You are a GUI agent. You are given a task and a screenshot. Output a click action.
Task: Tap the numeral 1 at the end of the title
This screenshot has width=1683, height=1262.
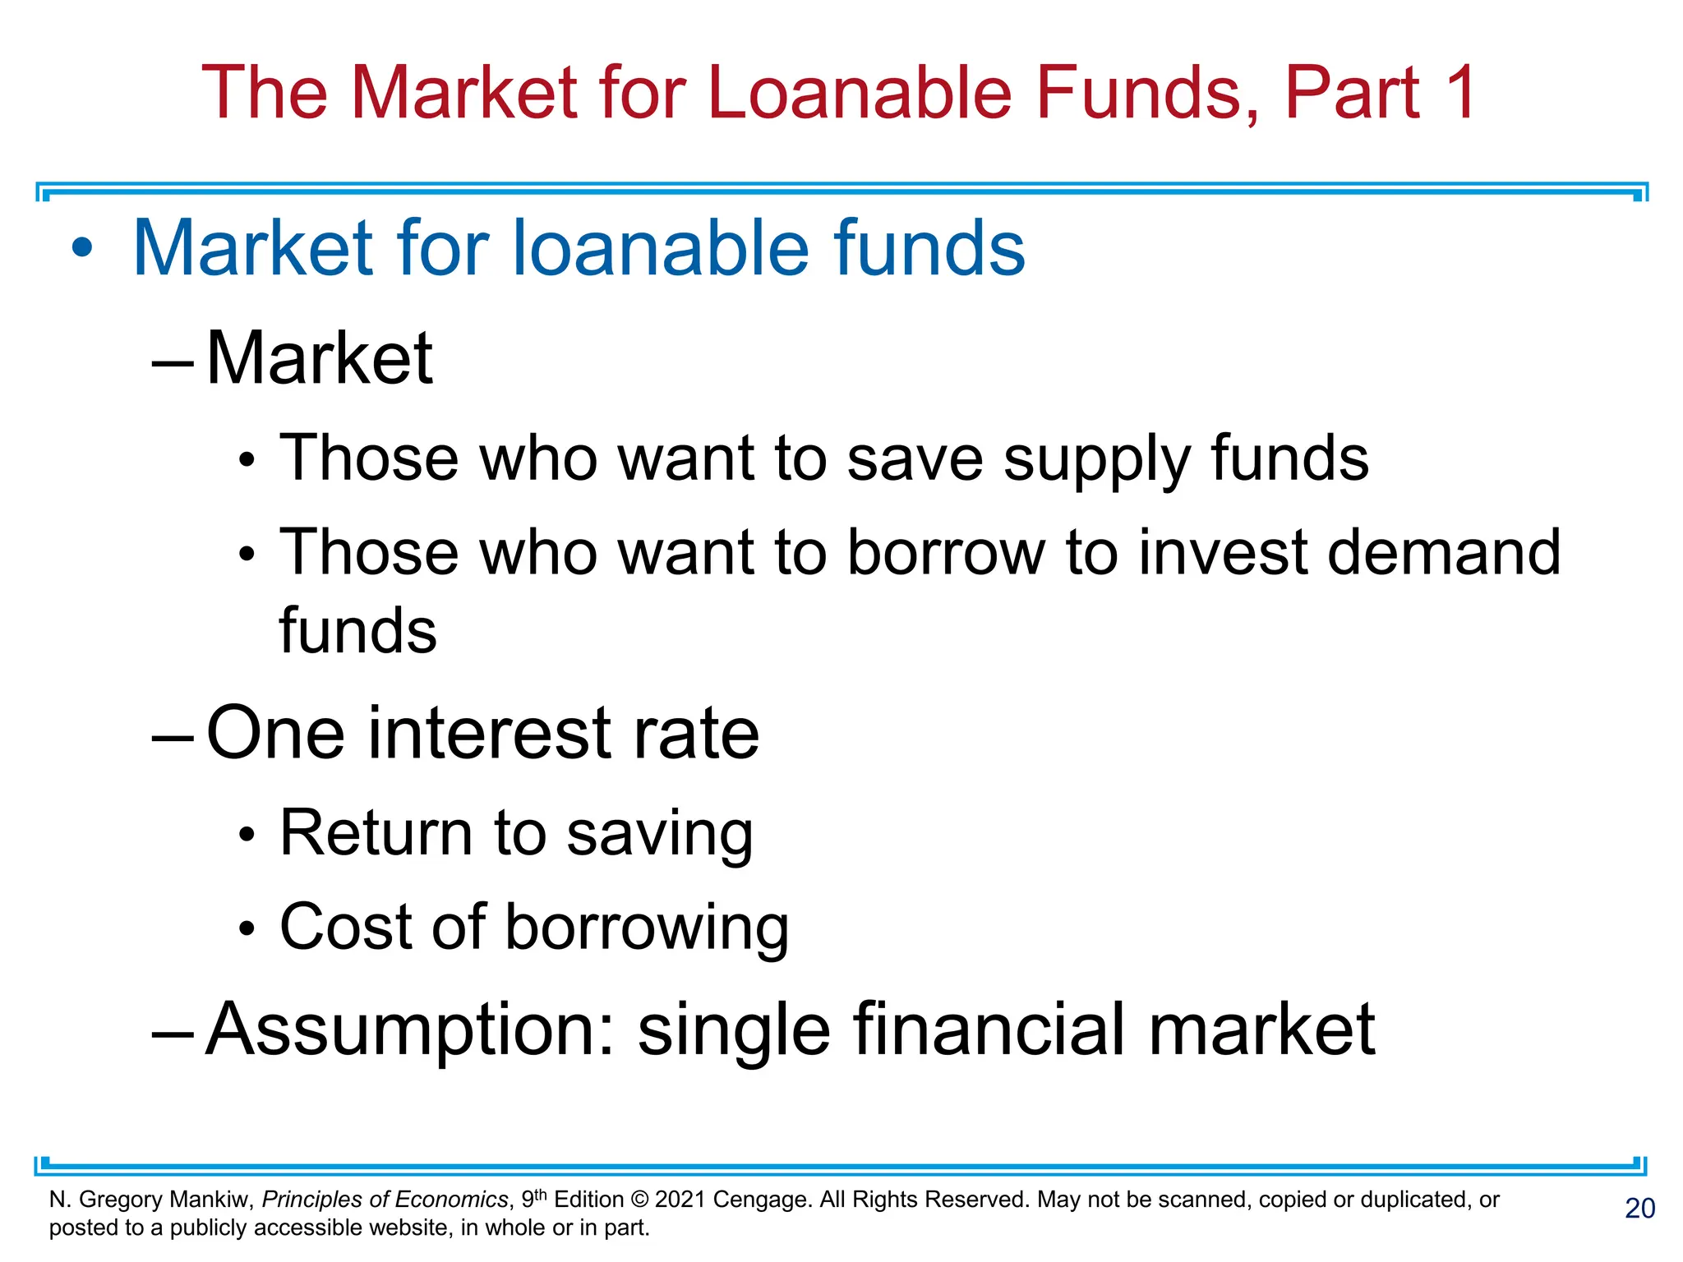point(1459,92)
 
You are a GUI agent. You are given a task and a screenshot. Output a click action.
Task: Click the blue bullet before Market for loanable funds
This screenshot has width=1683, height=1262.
point(82,248)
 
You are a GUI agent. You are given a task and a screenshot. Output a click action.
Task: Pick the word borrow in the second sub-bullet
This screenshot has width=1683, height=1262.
point(946,552)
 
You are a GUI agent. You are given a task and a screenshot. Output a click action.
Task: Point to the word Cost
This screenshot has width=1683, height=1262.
point(345,927)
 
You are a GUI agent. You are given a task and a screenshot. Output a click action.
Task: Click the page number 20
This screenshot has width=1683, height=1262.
point(1639,1209)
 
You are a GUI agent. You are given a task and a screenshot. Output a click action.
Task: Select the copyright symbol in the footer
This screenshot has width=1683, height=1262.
point(639,1200)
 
